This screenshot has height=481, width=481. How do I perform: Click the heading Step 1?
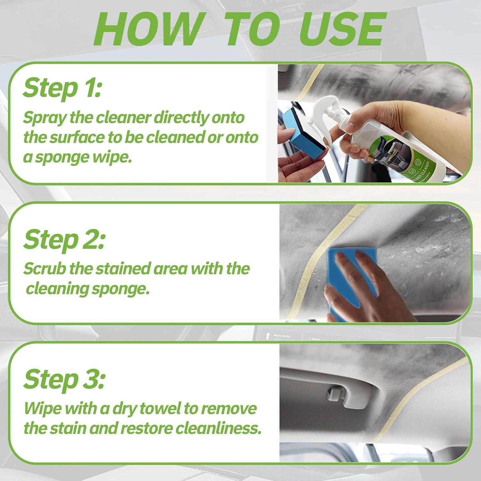click(62, 88)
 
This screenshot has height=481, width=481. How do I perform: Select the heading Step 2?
click(64, 239)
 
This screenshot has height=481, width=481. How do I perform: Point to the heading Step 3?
click(64, 379)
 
